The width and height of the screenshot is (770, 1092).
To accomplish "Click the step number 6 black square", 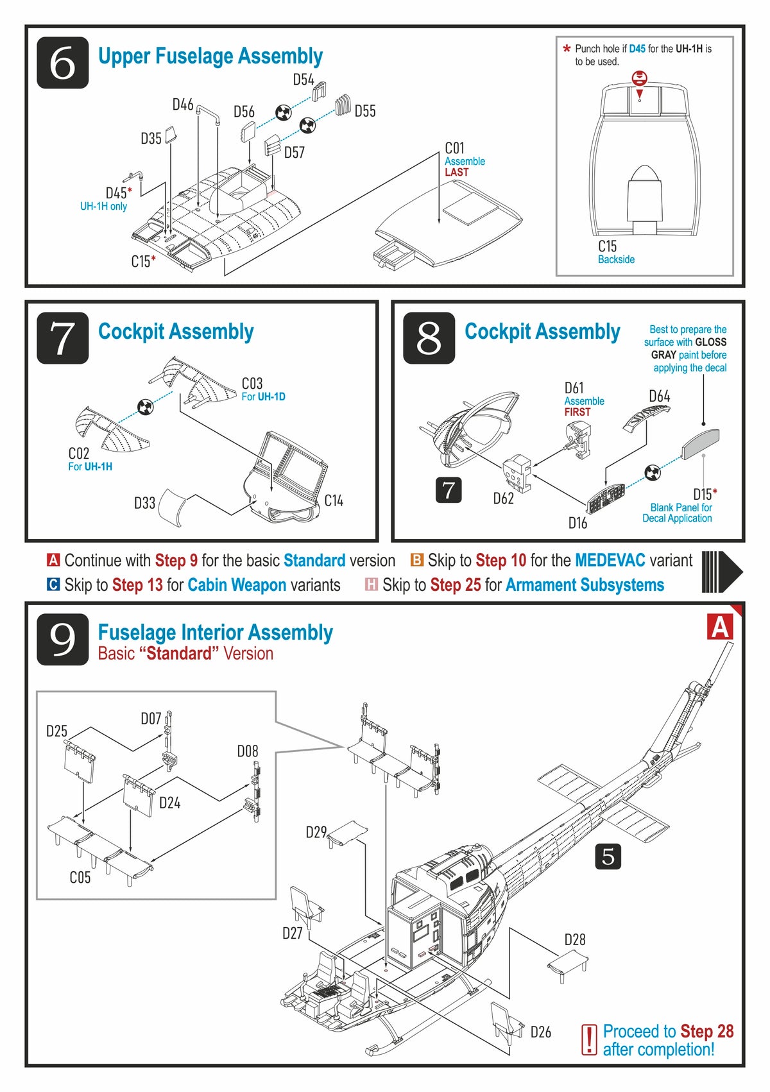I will tap(62, 62).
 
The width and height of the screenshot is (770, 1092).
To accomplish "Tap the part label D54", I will tap(304, 80).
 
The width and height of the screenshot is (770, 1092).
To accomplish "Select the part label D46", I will tap(183, 105).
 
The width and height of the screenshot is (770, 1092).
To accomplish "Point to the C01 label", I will tap(454, 148).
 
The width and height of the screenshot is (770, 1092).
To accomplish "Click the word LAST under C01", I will tap(456, 172).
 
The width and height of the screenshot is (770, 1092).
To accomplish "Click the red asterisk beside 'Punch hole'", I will tap(567, 49).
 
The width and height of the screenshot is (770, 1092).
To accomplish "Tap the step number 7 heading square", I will tap(62, 337).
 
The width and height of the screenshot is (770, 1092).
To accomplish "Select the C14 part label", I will tap(334, 500).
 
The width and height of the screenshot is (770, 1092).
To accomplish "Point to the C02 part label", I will tap(79, 453).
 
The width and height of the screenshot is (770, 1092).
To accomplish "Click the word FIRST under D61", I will tap(577, 412).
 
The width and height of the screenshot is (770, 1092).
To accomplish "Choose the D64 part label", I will tap(659, 396).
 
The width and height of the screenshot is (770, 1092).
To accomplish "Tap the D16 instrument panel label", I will tap(577, 523).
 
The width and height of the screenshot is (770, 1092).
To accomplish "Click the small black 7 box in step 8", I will tap(448, 490).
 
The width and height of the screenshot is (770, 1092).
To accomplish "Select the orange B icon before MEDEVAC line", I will tap(417, 560).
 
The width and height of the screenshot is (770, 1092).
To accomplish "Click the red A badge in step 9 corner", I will tap(720, 627).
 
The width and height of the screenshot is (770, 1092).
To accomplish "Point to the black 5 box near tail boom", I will tap(608, 856).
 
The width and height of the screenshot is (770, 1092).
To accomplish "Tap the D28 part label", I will tap(574, 939).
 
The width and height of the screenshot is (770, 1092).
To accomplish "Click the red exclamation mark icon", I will tap(588, 1039).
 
